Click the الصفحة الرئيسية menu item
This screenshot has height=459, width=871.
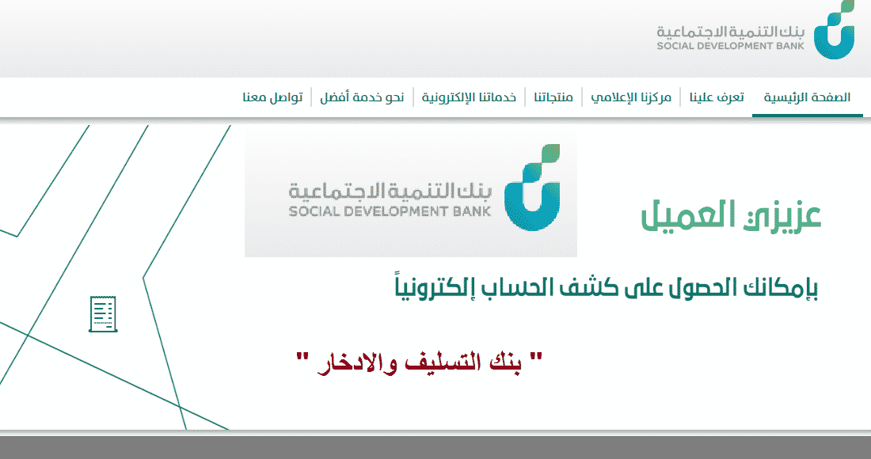tap(807, 97)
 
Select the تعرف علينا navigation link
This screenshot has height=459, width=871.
tap(717, 97)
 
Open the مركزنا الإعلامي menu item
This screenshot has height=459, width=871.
tap(631, 97)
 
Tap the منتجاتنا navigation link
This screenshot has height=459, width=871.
tap(553, 97)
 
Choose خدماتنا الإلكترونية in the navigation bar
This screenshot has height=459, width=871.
tap(469, 97)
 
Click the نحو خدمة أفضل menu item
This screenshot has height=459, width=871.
tap(362, 97)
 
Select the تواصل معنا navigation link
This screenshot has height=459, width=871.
tap(272, 97)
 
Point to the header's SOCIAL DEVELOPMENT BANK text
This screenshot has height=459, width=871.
tap(731, 46)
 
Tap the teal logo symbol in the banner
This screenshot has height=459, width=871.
tap(532, 188)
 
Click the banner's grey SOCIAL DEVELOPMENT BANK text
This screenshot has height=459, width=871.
tap(390, 211)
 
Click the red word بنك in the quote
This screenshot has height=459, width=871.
tap(504, 363)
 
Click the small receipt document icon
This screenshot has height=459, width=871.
tap(103, 314)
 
